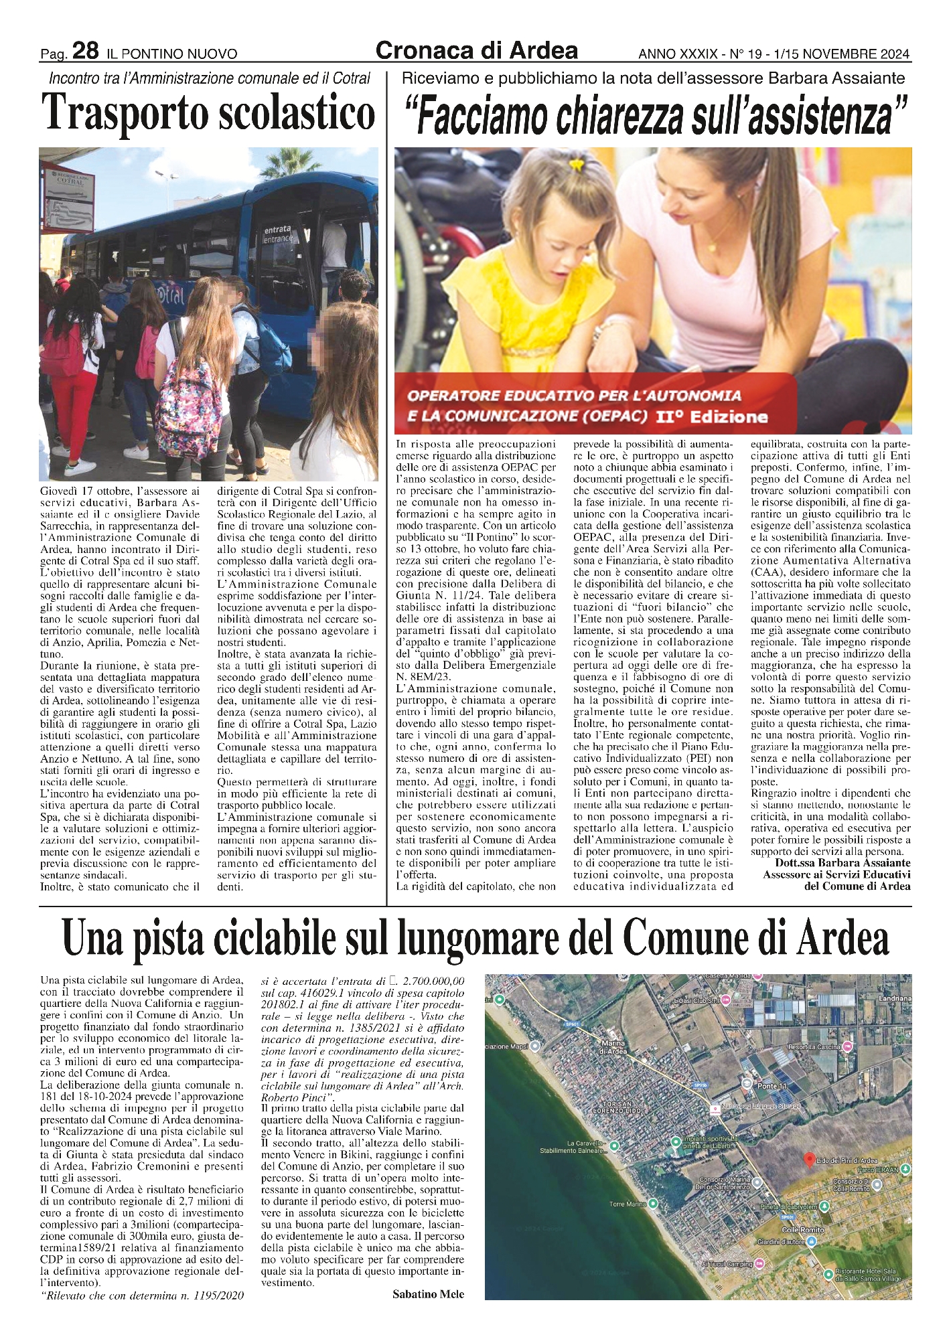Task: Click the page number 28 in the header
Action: pos(85,51)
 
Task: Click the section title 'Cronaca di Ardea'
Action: pos(476,50)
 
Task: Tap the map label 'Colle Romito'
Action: pos(803,1230)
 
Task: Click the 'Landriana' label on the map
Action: pos(894,998)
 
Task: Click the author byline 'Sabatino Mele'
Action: pos(428,1294)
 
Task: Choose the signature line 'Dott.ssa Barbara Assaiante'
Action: pos(843,863)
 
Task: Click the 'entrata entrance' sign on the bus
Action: pos(277,234)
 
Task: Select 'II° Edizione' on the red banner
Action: pos(711,417)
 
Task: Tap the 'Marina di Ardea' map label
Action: pos(613,1047)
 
